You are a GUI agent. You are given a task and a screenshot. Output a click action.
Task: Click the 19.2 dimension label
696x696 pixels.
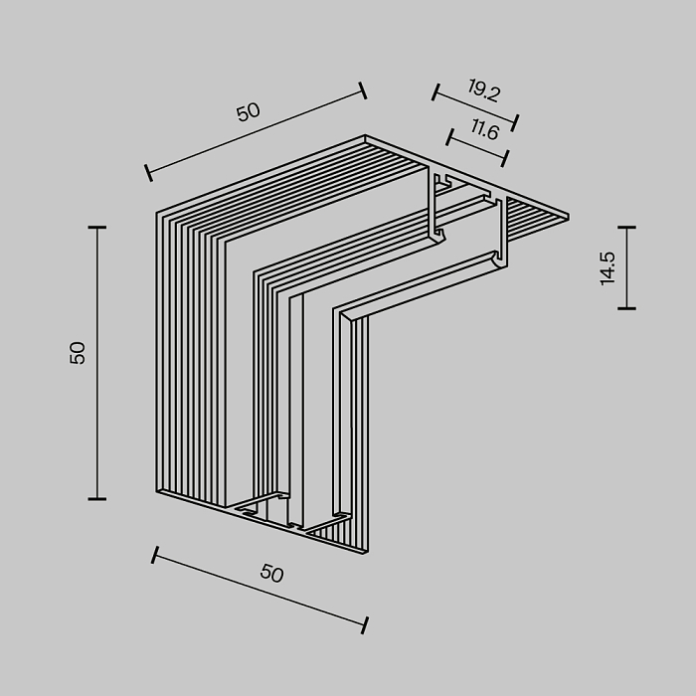coord(482,93)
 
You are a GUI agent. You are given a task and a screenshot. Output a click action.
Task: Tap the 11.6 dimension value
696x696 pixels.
coord(485,129)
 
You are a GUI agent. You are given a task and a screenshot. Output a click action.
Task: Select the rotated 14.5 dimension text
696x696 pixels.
coord(609,267)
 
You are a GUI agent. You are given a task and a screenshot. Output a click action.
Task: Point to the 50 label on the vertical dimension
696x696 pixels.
coord(79,352)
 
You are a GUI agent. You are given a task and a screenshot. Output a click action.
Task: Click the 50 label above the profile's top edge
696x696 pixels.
coord(248,111)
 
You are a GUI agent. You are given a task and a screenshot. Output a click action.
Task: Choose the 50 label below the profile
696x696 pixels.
coord(271,574)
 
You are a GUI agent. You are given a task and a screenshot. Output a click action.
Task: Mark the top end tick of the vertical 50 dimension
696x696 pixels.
coord(96,228)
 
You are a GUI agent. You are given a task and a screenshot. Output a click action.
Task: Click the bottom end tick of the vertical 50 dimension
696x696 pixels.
coord(96,498)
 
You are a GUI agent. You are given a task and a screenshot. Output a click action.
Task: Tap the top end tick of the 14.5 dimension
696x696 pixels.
coord(626,228)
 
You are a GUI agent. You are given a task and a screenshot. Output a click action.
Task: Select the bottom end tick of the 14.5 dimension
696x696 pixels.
coord(626,308)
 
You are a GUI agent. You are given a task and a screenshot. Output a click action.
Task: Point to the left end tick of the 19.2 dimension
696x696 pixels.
coord(435,92)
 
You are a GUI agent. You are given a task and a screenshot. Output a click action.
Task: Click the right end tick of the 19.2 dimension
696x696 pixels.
coord(516,123)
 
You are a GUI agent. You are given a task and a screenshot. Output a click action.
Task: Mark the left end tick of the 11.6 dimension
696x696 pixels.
coord(449,134)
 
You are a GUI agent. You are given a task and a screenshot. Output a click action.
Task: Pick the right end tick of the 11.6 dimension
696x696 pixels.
coord(505,157)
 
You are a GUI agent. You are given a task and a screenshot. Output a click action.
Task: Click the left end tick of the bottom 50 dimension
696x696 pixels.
coord(154,555)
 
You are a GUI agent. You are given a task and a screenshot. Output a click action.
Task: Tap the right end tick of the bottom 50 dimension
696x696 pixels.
coord(365,624)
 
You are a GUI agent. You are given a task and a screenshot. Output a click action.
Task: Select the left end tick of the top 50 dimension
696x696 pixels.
coord(148,172)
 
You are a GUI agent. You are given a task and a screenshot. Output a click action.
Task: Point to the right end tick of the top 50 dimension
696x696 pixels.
coord(363,91)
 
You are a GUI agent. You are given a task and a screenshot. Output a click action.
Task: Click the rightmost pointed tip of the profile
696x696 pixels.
coord(569,215)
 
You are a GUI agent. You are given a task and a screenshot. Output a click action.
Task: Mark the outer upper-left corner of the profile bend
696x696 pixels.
coord(157,212)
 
